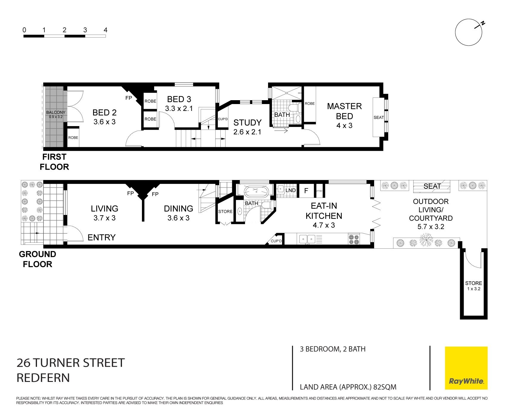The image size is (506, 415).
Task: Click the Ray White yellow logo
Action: point(466,368)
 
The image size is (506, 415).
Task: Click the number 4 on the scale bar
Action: point(105,30)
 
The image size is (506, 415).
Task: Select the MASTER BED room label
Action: point(344,111)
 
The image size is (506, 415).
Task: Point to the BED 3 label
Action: point(179,99)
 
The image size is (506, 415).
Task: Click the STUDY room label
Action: point(247,123)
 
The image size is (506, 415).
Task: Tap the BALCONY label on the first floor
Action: point(55,112)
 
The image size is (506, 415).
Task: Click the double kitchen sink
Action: point(307,239)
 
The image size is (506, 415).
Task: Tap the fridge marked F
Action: point(306,191)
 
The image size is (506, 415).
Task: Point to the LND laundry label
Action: point(290,190)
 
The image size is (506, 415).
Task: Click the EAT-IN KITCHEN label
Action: point(324,211)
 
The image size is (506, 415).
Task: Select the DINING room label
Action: point(178,208)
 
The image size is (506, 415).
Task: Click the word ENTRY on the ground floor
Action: point(101,237)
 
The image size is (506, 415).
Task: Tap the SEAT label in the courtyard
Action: point(432,186)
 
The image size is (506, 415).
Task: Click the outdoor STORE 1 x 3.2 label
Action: point(473,286)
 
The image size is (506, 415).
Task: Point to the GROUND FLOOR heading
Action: point(38,259)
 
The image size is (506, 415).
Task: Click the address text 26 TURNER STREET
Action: point(71,363)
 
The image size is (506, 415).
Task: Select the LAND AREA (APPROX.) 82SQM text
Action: point(348,387)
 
